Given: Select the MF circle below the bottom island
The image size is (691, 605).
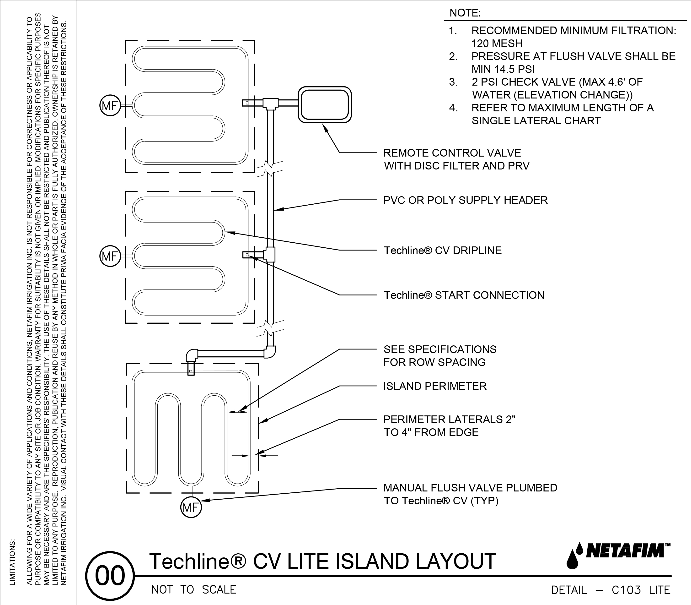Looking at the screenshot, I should click(191, 507).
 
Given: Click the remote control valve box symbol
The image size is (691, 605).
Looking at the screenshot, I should click(325, 105).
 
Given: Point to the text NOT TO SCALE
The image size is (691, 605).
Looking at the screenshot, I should click(194, 589).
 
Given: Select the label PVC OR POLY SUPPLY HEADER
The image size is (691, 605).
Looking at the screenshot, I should click(465, 200).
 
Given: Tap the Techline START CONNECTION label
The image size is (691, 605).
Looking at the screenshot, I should click(464, 295).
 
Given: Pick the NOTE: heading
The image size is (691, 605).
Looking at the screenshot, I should click(465, 13).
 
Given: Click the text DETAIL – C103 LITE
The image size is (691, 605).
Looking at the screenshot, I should click(611, 590).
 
